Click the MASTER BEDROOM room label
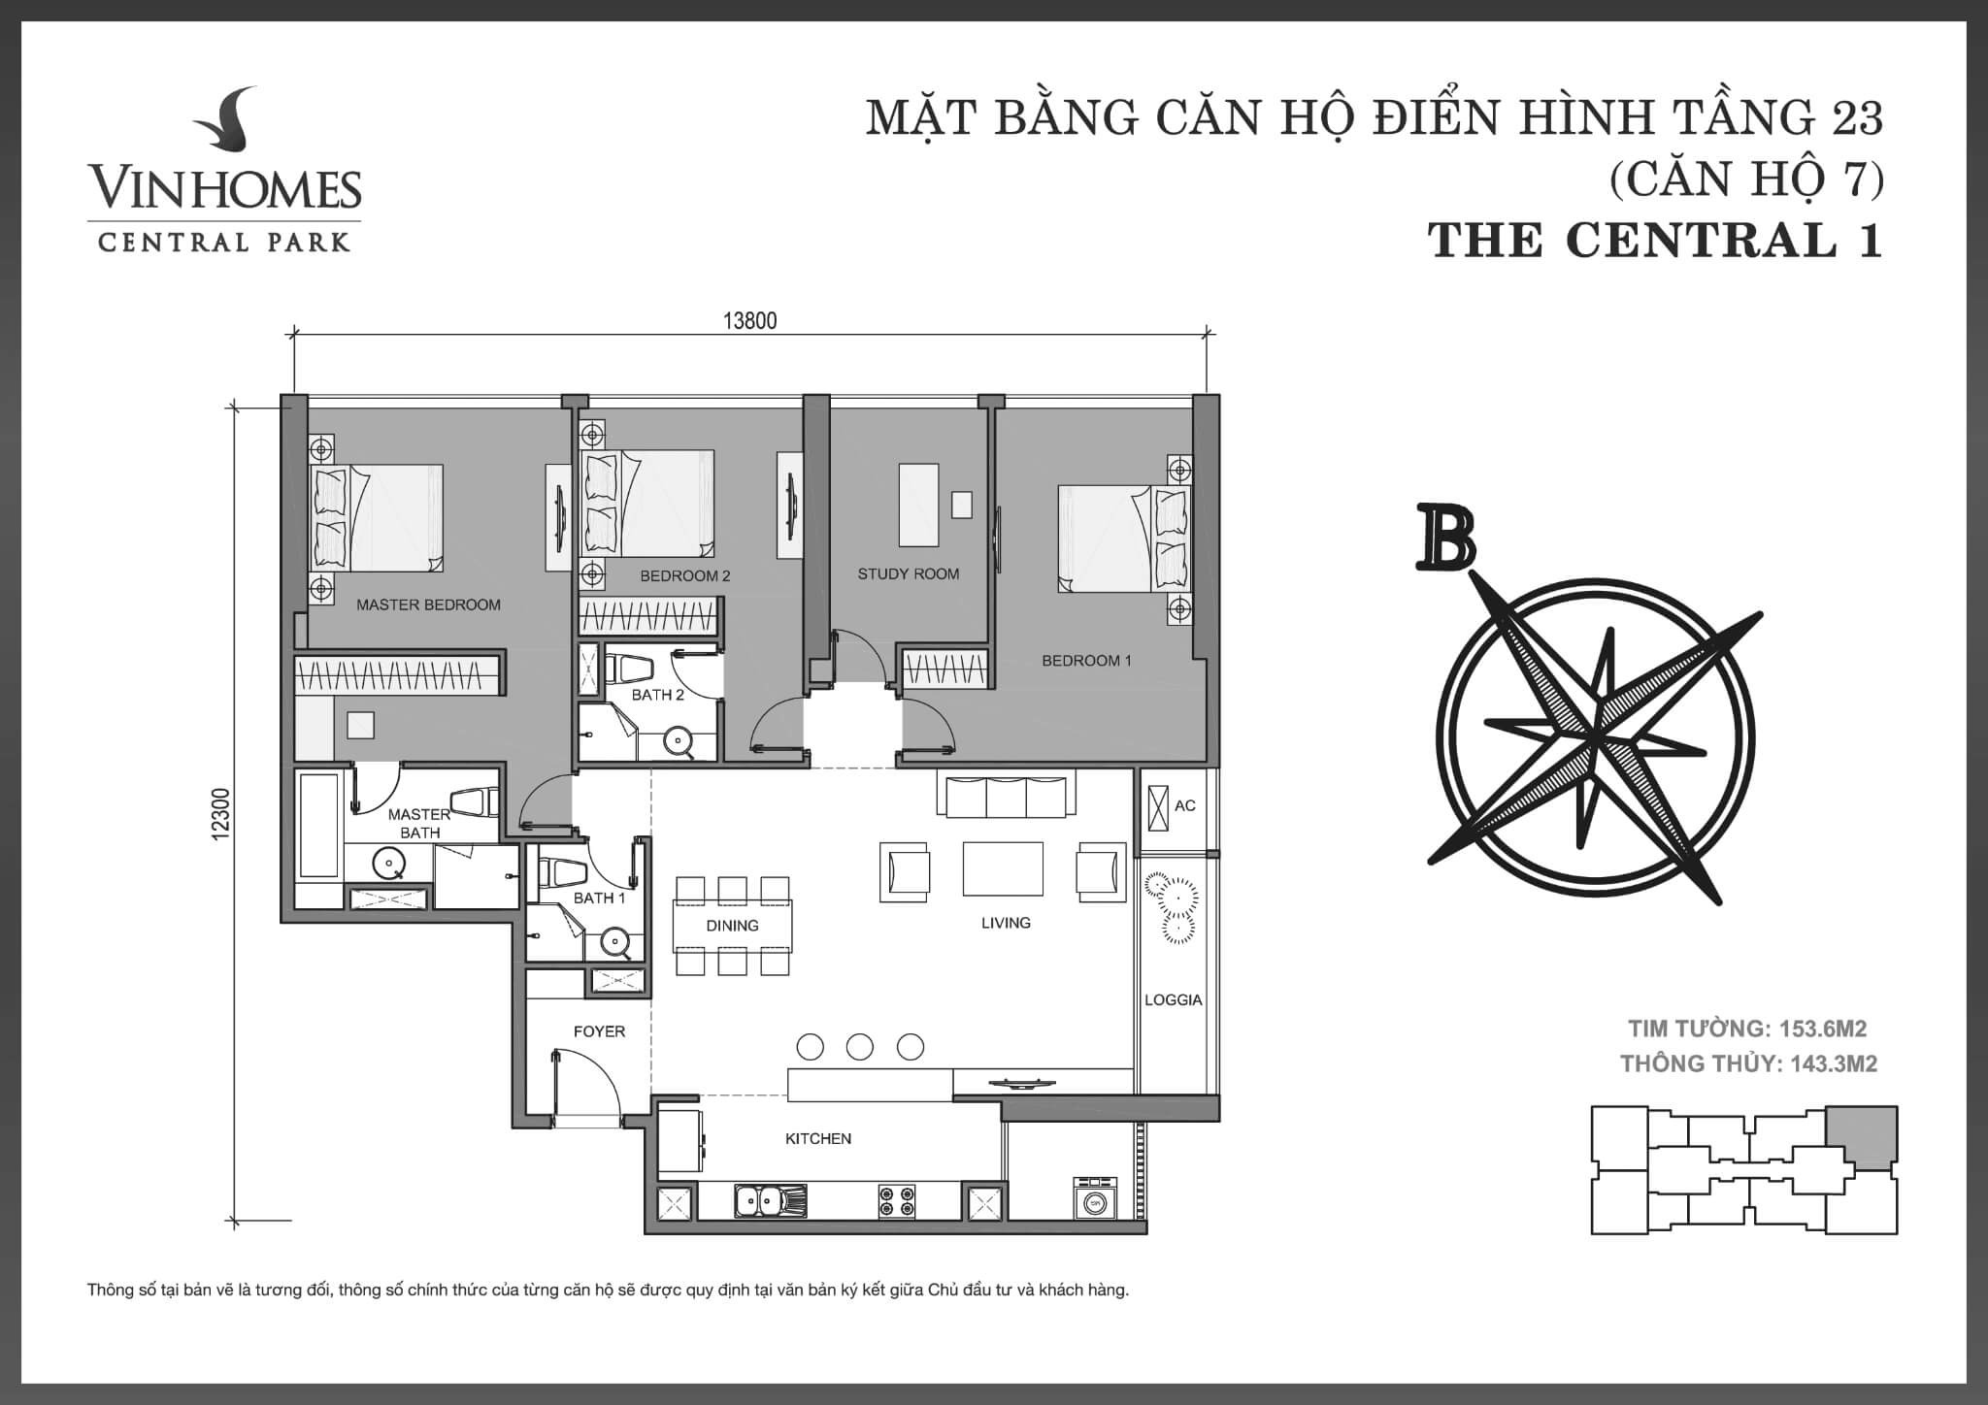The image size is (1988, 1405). [x=428, y=604]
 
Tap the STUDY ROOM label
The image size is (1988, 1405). [x=909, y=573]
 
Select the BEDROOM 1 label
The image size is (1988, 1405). [x=1086, y=661]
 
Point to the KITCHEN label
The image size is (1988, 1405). [x=818, y=1138]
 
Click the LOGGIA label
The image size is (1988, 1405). [x=1174, y=999]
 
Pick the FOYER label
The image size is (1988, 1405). [x=599, y=1031]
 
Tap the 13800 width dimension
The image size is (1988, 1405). [x=750, y=321]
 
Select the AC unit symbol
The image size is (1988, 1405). [x=1158, y=805]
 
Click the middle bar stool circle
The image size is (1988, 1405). [x=860, y=1047]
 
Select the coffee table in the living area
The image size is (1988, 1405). [x=1003, y=868]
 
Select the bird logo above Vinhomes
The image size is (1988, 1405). [x=224, y=123]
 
